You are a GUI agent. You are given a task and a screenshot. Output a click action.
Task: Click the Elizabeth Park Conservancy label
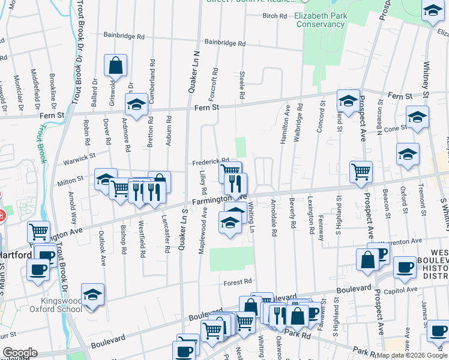coord(319,20)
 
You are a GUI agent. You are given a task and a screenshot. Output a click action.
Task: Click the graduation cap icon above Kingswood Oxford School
coord(92,295)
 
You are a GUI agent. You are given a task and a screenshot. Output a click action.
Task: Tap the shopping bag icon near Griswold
coord(115,65)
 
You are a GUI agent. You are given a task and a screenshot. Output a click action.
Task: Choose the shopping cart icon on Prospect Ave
coord(361,172)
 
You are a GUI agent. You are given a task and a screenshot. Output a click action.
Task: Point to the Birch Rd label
coord(274,16)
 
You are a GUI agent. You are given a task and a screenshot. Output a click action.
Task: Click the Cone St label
coord(395,128)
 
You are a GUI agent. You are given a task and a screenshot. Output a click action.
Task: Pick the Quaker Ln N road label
coord(194,71)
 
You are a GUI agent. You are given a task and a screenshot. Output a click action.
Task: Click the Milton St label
coord(70,179)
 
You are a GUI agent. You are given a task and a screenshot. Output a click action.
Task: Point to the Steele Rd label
coord(242,86)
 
